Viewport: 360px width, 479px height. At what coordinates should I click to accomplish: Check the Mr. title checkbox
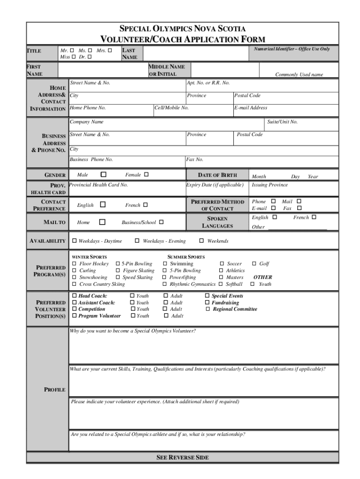72,50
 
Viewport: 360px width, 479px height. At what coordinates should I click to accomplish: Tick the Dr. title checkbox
89,57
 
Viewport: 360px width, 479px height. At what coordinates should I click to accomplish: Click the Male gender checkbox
103,174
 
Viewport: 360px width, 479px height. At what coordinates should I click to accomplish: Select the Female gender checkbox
146,174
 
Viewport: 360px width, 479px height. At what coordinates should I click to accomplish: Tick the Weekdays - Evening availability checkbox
137,241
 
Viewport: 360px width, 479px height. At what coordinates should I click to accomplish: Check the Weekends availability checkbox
202,241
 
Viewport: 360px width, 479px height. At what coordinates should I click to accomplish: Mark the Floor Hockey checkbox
74,264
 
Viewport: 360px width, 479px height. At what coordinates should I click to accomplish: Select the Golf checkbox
254,264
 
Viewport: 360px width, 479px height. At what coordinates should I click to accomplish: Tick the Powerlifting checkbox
165,277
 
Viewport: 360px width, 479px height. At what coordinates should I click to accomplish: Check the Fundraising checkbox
207,303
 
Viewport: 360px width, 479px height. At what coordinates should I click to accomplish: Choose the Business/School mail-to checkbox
161,222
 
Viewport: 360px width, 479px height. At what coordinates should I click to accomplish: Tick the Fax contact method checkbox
300,208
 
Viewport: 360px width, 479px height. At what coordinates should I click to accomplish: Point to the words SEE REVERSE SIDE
182,457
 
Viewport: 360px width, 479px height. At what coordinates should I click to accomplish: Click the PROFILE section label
55,390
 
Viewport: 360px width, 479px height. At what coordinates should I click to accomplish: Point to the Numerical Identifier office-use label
292,49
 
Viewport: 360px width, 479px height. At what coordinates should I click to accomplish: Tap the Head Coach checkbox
74,296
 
